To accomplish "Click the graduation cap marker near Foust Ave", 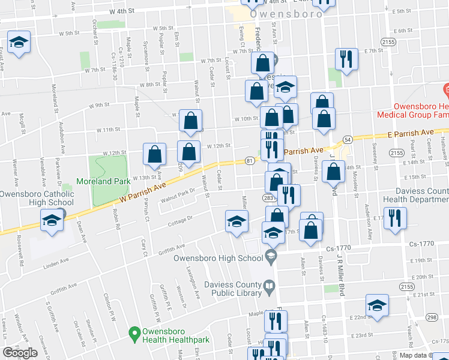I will (19, 43).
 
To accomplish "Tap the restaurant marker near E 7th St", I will (346, 59).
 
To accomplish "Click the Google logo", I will (20, 353).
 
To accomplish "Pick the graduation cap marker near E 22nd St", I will (378, 305).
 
